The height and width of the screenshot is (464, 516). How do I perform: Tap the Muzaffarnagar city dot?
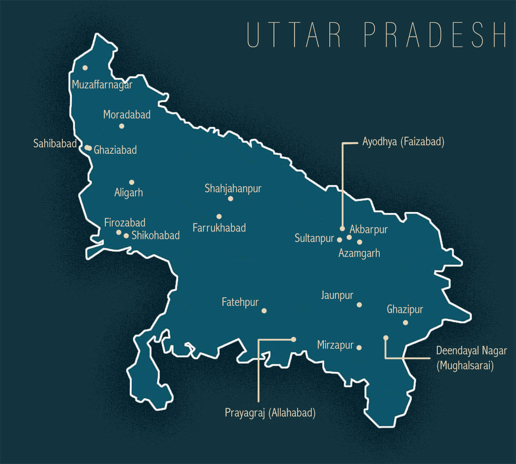point(85,67)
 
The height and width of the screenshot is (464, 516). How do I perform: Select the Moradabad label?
point(127,115)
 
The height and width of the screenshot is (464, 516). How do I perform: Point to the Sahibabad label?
point(55,143)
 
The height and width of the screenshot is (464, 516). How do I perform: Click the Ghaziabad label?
point(115,150)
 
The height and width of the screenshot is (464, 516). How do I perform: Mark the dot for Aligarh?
point(132,182)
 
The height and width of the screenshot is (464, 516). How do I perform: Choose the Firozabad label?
point(125,223)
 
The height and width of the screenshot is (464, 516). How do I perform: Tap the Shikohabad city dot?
point(126,235)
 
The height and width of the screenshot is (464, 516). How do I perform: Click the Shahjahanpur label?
point(233,189)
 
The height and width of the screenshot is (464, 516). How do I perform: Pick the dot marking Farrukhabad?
point(219,217)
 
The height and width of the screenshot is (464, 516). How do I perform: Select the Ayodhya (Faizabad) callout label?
point(403,142)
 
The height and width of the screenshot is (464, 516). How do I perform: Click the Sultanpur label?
point(314,238)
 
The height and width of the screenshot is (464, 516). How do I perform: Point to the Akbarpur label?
point(369,229)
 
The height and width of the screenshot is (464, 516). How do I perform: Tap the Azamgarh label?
point(359,253)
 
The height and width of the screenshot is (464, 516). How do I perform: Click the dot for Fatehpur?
point(264,311)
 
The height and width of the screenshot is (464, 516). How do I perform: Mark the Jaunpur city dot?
point(359,305)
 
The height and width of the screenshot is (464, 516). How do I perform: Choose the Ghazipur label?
point(405,309)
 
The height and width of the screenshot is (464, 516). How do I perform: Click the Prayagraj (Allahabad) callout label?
point(270,413)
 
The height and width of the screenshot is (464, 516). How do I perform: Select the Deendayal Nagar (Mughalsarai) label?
point(471,358)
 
